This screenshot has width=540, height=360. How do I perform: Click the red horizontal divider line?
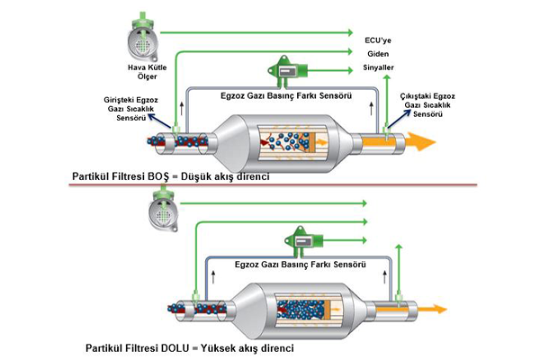(270, 186)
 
